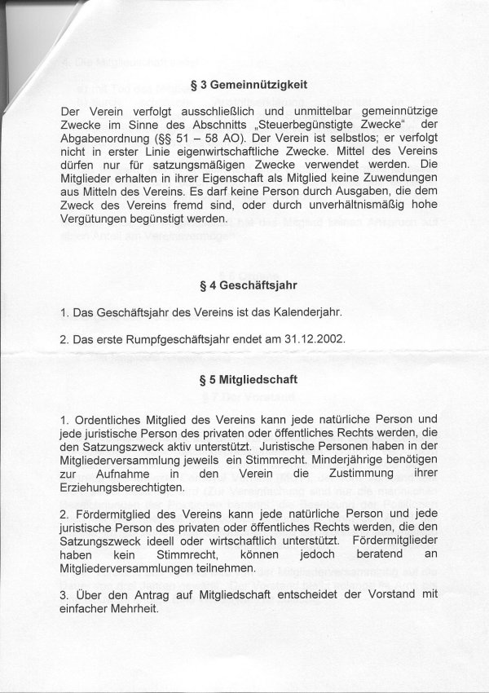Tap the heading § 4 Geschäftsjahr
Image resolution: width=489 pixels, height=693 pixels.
coord(244,286)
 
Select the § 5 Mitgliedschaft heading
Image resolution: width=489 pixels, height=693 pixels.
coord(244,379)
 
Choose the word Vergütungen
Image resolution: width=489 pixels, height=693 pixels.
coord(101,219)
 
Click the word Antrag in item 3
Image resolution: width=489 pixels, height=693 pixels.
coord(142,594)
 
